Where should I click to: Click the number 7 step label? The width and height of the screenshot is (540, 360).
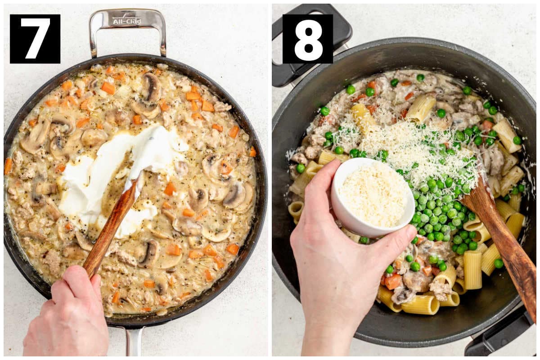pyautogui.click(x=35, y=39)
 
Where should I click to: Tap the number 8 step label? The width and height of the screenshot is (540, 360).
pyautogui.click(x=308, y=39)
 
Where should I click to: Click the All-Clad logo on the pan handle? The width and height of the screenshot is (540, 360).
pyautogui.click(x=127, y=21)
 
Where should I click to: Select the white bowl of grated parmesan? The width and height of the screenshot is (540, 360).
pyautogui.click(x=373, y=197)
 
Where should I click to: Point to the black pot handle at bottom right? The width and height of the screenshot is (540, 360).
pyautogui.click(x=504, y=335)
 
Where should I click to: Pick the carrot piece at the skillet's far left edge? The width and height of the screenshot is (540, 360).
pyautogui.click(x=8, y=166)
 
